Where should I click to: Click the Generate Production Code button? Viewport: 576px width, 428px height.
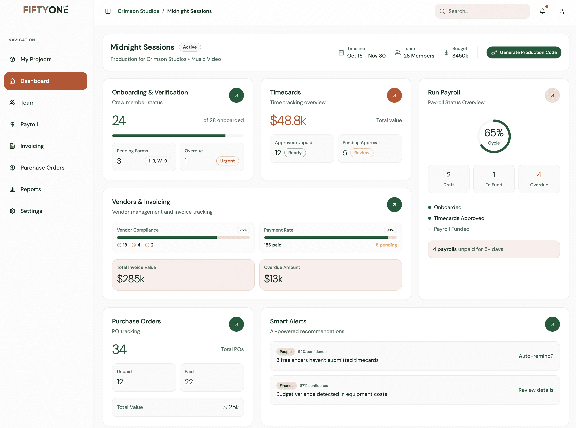[524, 52]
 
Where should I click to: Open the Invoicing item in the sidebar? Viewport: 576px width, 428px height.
[32, 146]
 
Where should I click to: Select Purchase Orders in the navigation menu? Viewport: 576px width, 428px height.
[42, 168]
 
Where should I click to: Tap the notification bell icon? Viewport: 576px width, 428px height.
[542, 11]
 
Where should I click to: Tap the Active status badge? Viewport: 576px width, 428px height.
[190, 47]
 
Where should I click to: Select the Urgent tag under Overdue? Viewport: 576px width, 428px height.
[227, 161]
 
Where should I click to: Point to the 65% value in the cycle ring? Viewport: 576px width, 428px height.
[494, 133]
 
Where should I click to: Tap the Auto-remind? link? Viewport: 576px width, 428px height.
[536, 356]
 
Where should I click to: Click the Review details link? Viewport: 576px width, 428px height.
[536, 390]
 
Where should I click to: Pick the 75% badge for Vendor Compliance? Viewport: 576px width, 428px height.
[243, 230]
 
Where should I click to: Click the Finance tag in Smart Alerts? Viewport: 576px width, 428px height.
[286, 385]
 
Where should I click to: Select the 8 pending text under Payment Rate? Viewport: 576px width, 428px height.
[386, 245]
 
